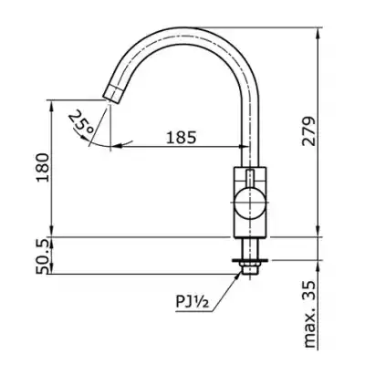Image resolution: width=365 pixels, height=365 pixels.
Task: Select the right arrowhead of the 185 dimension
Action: tap(245, 147)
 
